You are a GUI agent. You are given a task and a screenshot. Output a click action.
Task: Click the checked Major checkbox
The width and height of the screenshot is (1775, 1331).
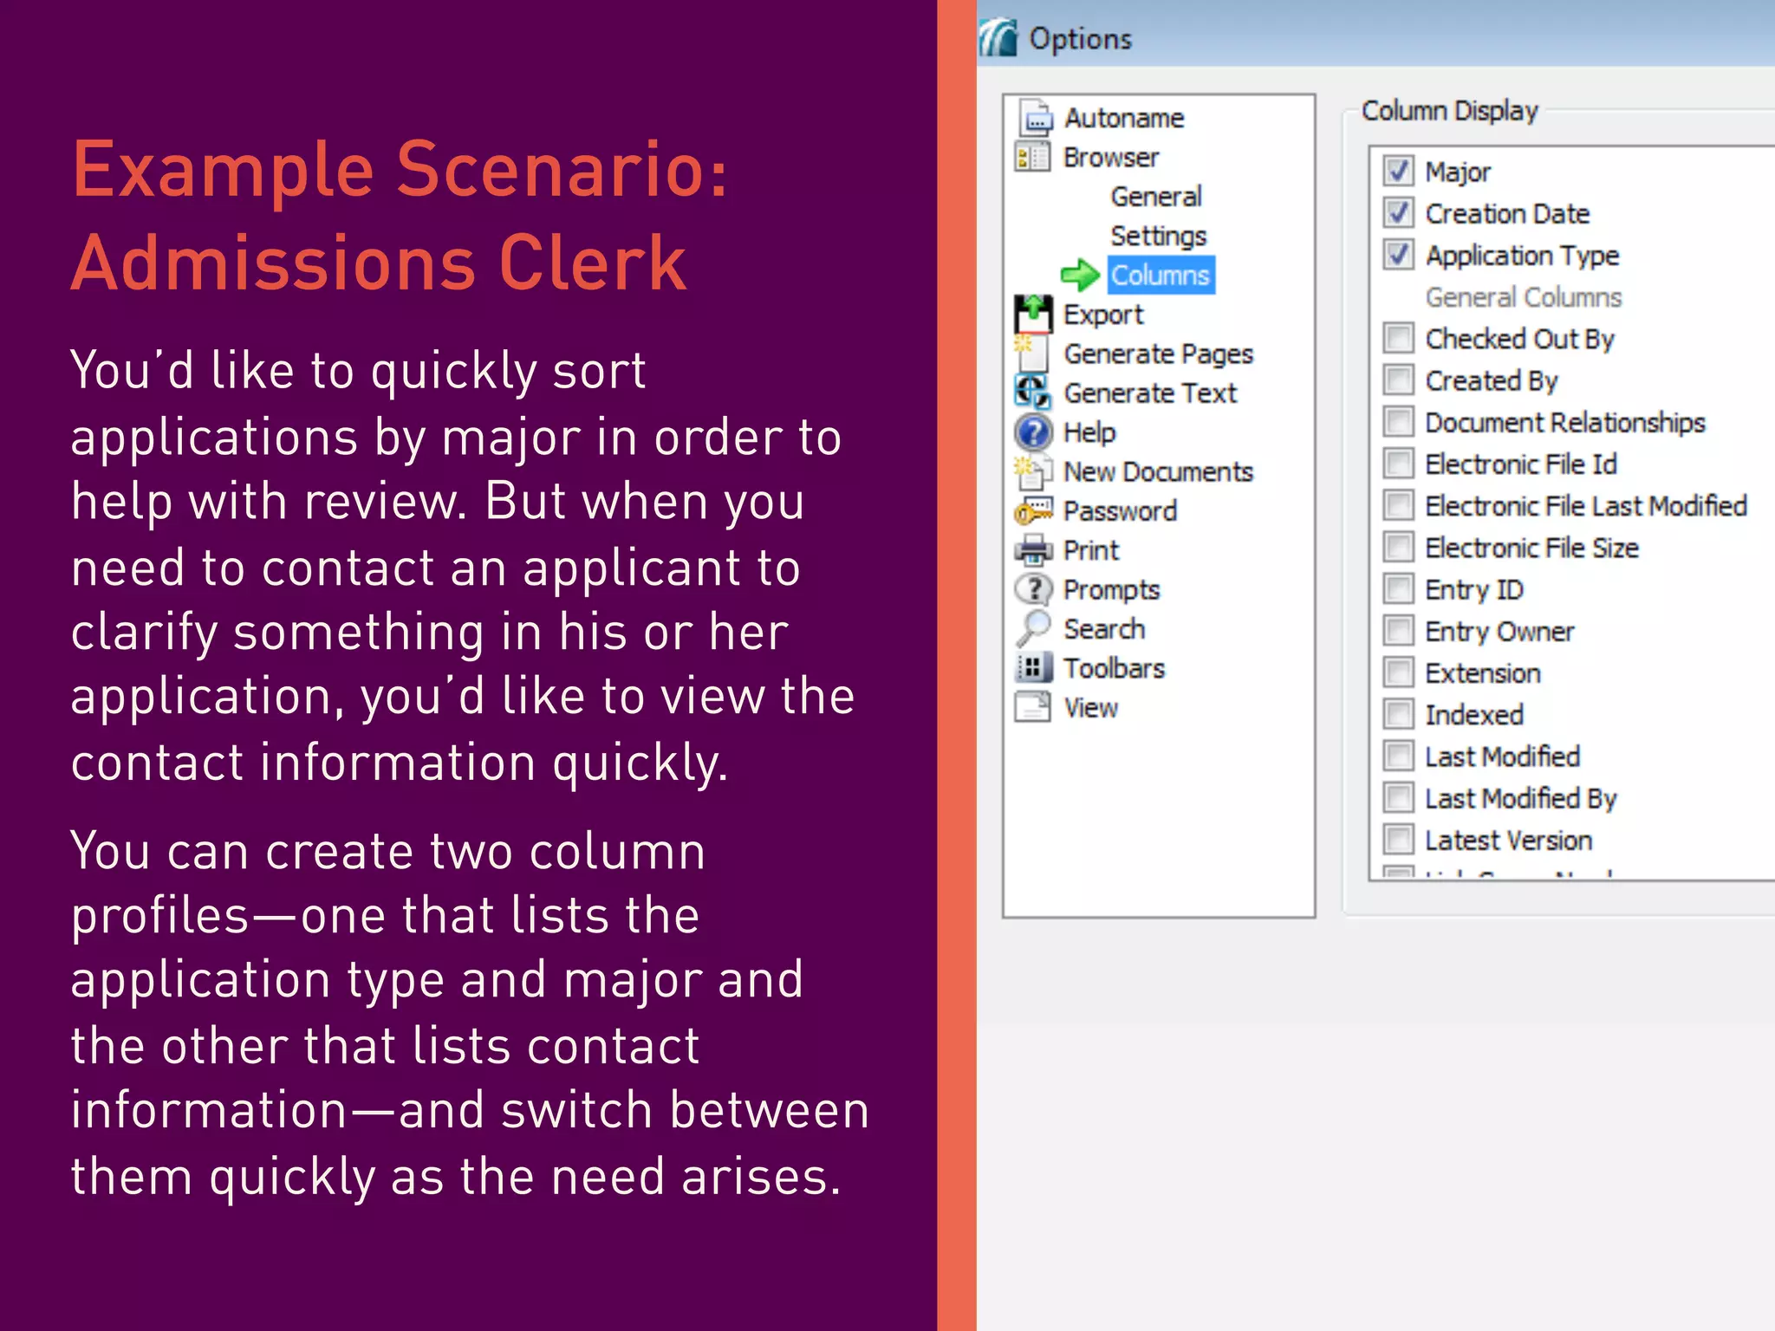(x=1398, y=171)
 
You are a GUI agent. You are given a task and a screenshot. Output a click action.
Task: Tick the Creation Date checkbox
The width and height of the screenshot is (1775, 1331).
(x=1398, y=212)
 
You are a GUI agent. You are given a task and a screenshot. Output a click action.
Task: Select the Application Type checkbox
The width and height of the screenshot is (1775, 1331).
(x=1398, y=255)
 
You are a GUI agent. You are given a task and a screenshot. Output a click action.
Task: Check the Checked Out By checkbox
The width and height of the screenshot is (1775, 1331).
(x=1398, y=338)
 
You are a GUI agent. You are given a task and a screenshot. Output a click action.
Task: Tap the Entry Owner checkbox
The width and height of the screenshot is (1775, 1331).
(x=1398, y=631)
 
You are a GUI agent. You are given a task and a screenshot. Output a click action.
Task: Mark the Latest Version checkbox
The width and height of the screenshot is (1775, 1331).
(x=1398, y=840)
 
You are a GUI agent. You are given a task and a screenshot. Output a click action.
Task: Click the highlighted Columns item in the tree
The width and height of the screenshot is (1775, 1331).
(x=1160, y=275)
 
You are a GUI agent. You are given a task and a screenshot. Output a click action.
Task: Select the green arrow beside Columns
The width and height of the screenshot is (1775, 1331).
(x=1080, y=276)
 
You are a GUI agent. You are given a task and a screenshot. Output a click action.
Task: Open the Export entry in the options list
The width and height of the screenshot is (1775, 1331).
(x=1102, y=315)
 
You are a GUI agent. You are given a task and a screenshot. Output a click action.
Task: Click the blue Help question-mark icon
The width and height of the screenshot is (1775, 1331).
(x=1033, y=432)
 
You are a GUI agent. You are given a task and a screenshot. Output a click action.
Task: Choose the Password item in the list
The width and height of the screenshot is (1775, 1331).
(x=1119, y=511)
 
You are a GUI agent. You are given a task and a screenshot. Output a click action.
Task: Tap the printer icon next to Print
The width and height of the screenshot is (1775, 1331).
(x=1033, y=549)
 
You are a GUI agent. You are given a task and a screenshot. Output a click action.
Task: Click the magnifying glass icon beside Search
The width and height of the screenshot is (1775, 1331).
(x=1033, y=628)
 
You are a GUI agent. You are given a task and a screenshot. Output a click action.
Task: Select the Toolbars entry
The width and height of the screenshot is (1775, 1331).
(x=1114, y=668)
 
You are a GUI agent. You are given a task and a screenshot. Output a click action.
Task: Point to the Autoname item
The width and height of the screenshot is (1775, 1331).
(x=1123, y=118)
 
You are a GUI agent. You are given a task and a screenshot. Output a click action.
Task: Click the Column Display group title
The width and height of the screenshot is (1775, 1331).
(x=1449, y=111)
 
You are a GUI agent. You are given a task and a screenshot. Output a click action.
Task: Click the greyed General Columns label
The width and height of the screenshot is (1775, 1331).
(x=1523, y=297)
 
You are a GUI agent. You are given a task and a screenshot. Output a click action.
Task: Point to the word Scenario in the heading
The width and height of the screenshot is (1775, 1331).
(x=562, y=170)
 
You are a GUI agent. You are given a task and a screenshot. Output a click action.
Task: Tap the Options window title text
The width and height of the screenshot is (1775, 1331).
(x=1080, y=39)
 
